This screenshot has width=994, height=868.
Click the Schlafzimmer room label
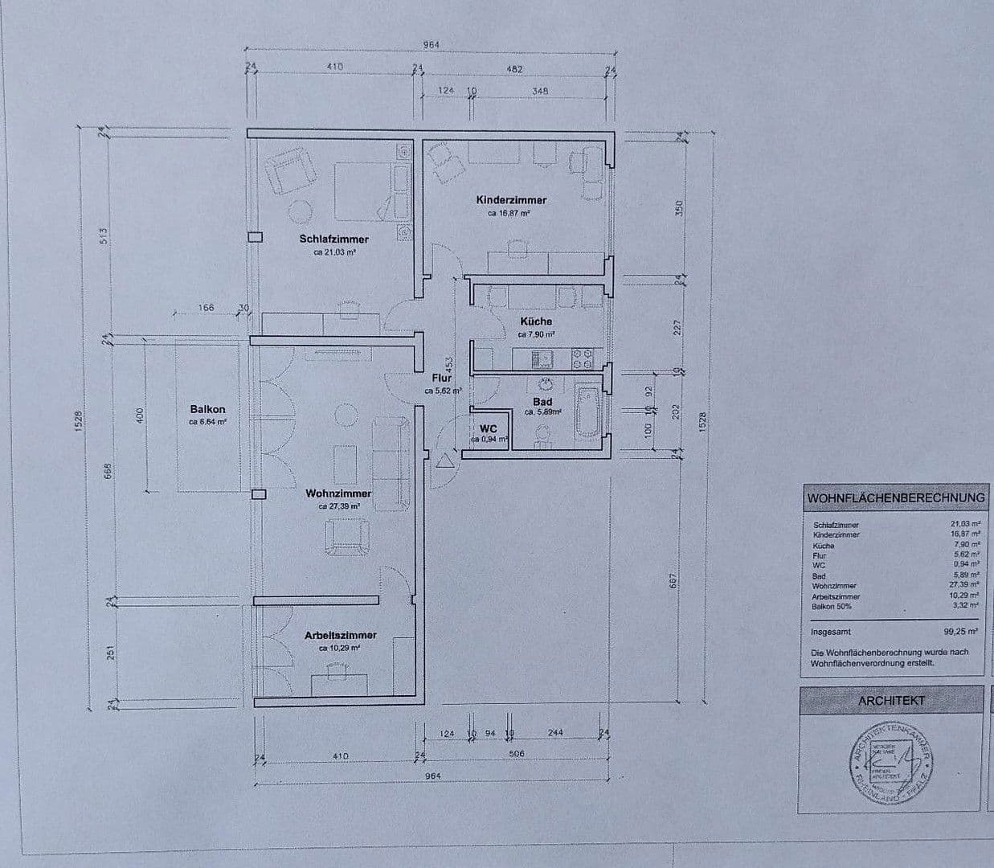click(333, 239)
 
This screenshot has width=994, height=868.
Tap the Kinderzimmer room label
click(511, 200)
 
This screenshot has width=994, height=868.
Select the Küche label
click(536, 321)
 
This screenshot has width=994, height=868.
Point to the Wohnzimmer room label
click(338, 493)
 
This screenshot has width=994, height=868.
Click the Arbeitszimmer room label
click(340, 635)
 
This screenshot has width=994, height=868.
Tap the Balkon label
click(207, 409)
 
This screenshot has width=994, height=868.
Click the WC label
click(489, 429)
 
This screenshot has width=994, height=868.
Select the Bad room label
click(542, 402)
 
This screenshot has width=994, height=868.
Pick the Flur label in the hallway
click(442, 378)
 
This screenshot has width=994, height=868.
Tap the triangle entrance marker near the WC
click(443, 461)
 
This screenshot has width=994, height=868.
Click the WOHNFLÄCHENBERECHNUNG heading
click(895, 498)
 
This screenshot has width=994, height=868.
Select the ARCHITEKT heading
click(891, 701)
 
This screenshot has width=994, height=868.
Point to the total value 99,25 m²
click(961, 632)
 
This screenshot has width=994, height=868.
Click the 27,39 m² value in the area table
click(964, 585)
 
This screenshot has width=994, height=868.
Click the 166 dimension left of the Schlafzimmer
click(206, 308)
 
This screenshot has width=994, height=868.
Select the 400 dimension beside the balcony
click(139, 416)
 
